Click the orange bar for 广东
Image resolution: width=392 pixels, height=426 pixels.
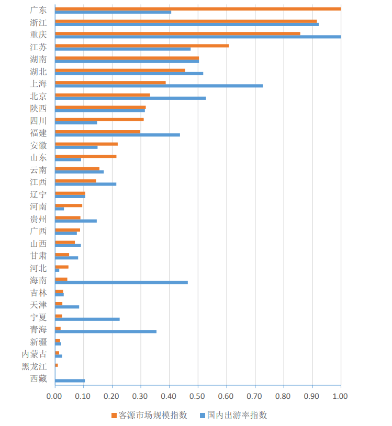tap(197, 8)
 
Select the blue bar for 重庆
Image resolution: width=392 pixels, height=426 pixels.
tap(197, 37)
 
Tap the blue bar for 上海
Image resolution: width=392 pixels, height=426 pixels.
tap(159, 86)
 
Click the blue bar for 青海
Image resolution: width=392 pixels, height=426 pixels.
tap(105, 331)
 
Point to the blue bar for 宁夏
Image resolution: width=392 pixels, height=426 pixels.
tap(87, 319)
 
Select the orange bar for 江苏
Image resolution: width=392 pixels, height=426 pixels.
tap(141, 45)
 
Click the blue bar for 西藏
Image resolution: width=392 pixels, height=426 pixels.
tap(70, 381)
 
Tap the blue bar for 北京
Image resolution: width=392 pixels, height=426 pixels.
tap(130, 98)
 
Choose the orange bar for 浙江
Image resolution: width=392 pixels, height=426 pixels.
tap(185, 21)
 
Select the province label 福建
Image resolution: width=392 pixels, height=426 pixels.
tap(38, 133)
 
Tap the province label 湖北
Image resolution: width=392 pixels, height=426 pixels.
tap(38, 72)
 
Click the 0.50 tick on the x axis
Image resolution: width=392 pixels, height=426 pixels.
tap(197, 396)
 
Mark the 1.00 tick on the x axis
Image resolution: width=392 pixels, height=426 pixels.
tap(340, 396)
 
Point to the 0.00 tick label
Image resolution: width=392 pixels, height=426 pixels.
tap(54, 396)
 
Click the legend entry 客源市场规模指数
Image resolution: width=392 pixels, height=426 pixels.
tap(149, 415)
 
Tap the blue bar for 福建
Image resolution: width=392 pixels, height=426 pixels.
tap(117, 135)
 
